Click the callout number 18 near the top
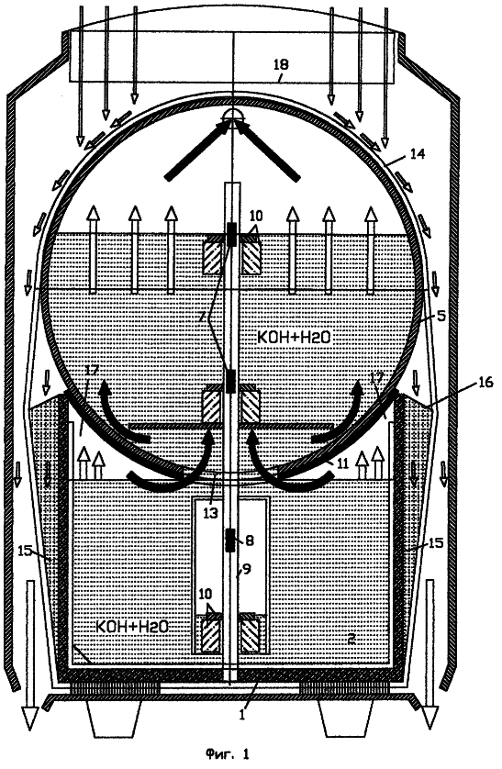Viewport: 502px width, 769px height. pos(282,64)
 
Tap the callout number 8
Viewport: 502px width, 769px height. pos(249,541)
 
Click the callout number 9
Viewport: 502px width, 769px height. pos(246,569)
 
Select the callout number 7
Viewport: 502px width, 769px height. pos(202,317)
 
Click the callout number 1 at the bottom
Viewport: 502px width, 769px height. pos(241,714)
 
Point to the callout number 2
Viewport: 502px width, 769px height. pos(351,638)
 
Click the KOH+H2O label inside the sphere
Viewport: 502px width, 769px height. pos(294,337)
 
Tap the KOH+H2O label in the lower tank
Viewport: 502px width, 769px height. pos(132,626)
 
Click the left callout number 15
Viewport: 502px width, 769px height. pos(26,551)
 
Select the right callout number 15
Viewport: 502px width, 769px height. pos(435,543)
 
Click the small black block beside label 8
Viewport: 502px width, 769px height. pos(231,541)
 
